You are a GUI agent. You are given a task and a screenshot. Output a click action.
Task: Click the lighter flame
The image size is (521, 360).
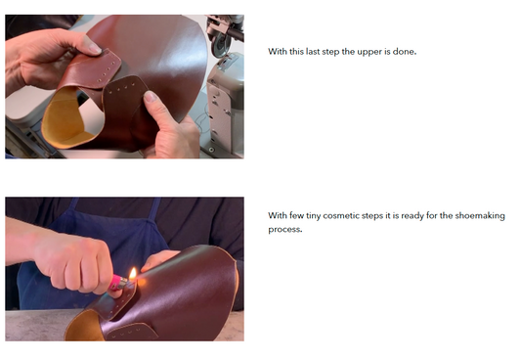point(133,274)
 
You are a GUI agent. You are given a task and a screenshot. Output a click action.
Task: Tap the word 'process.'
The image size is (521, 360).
point(285,230)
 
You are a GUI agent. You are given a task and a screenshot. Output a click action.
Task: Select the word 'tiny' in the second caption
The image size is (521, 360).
point(314,216)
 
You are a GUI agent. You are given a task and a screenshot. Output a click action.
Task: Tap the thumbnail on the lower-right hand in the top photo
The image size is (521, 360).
point(152,97)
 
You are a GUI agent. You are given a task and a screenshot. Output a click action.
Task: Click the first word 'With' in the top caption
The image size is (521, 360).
point(278,52)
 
